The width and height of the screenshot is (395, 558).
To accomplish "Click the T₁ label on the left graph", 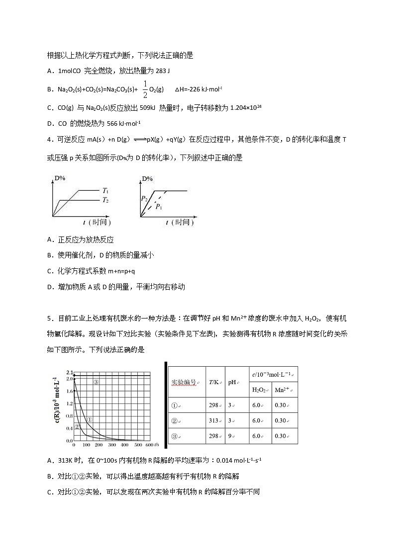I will pyautogui.click(x=105, y=191).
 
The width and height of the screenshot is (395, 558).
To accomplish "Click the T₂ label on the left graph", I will pyautogui.click(x=105, y=200).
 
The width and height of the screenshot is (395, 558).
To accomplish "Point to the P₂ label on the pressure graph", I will pyautogui.click(x=144, y=198).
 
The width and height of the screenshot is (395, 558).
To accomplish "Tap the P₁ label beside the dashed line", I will pyautogui.click(x=159, y=207).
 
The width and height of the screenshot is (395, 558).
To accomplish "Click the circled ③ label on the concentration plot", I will pyautogui.click(x=96, y=382).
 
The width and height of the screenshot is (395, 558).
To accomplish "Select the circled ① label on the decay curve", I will pyautogui.click(x=90, y=420).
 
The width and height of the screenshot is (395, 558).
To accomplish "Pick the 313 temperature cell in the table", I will pyautogui.click(x=214, y=420).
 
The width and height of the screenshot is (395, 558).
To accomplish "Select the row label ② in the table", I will pyautogui.click(x=175, y=420).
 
